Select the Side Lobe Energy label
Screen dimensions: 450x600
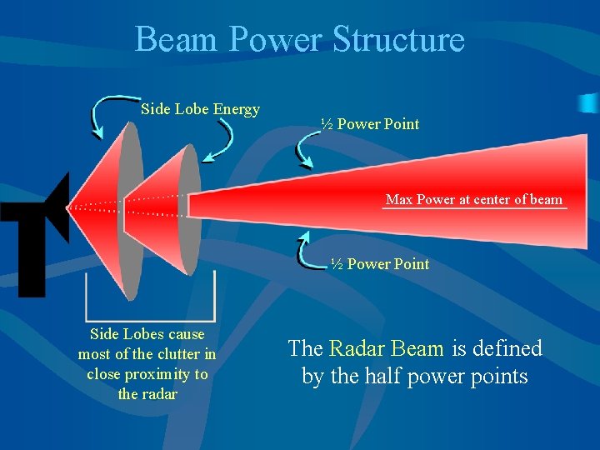200,109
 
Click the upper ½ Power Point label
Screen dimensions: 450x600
370,124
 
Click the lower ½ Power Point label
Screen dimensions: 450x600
380,264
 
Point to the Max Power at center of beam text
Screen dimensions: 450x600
474,199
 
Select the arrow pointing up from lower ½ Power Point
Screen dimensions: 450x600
309,250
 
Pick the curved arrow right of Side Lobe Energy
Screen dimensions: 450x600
221,138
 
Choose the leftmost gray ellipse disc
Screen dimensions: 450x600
130,208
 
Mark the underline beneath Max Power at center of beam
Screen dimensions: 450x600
474,208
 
